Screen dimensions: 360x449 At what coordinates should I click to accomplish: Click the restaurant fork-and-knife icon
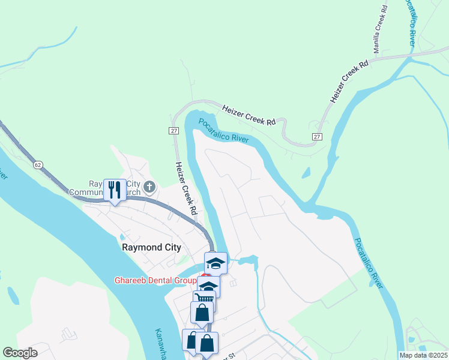(115, 190)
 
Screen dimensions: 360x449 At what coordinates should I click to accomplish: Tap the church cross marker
(149, 188)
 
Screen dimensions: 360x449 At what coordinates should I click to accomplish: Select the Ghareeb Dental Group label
(155, 280)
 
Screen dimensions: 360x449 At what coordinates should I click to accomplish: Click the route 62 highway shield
(38, 164)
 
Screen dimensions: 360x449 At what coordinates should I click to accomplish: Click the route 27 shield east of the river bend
(316, 137)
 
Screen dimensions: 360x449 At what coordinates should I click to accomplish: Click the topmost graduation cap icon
(215, 263)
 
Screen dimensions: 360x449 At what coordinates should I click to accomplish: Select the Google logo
(20, 353)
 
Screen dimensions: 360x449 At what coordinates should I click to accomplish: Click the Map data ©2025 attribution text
(424, 355)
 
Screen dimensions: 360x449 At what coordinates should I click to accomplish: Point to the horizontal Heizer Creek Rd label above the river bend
(249, 115)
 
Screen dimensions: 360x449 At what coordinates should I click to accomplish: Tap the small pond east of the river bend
(307, 173)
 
